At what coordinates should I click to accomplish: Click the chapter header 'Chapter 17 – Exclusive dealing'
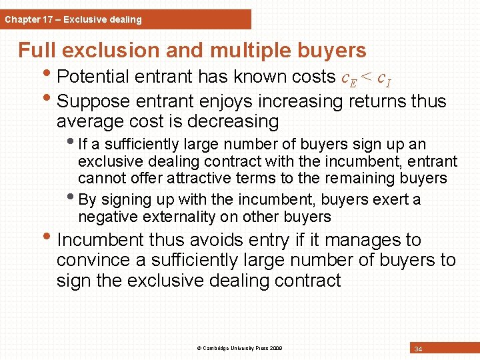(x=73, y=19)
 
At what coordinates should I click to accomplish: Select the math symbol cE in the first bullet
(x=349, y=78)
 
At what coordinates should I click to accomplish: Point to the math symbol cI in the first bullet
(x=384, y=78)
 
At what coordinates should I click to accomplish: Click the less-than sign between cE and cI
(x=367, y=78)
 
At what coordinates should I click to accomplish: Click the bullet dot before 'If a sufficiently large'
(x=71, y=143)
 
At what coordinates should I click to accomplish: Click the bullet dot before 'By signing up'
(x=71, y=198)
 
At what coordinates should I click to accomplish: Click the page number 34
(x=418, y=349)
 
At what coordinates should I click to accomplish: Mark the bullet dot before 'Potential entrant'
(x=50, y=76)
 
